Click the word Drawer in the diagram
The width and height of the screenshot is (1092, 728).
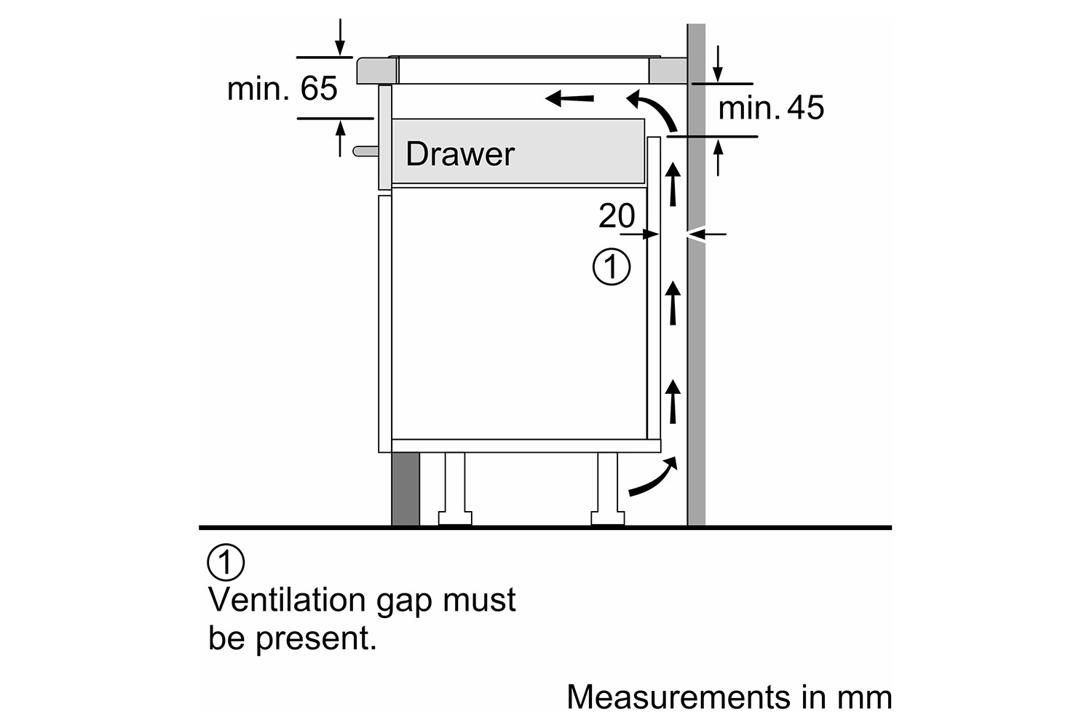[x=459, y=154]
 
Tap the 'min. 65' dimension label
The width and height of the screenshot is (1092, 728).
[x=282, y=89]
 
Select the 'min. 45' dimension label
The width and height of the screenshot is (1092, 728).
[x=770, y=108]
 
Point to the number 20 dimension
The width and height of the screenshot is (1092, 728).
[x=616, y=215]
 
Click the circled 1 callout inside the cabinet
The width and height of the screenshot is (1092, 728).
[x=612, y=267]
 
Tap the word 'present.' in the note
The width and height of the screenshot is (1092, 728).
[x=316, y=638]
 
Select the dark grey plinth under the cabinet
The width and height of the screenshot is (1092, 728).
[x=405, y=488]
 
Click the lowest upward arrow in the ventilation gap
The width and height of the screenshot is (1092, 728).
[x=673, y=401]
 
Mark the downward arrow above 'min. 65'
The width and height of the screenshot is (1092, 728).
[x=340, y=36]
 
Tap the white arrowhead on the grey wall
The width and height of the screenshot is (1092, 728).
[x=695, y=234]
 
